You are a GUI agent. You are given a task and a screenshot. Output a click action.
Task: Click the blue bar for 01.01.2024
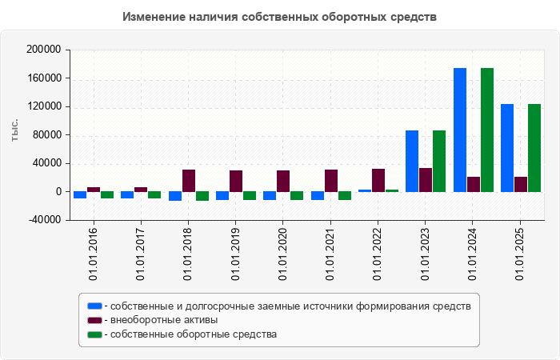(460, 130)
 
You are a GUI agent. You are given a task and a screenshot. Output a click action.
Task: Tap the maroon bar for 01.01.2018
(189, 181)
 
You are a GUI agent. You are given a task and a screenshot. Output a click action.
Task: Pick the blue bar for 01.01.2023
(412, 161)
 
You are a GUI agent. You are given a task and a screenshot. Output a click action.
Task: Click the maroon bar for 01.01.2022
(378, 180)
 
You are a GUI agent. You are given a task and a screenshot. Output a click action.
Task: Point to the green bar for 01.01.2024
(487, 130)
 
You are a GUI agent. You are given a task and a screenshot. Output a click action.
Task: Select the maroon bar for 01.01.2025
(521, 184)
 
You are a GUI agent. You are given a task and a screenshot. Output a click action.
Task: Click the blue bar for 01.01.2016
(80, 194)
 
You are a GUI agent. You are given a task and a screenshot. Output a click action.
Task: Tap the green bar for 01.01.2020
(297, 195)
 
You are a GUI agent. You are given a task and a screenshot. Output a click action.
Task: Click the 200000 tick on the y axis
(45, 50)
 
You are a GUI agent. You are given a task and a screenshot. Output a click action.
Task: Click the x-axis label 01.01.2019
(235, 253)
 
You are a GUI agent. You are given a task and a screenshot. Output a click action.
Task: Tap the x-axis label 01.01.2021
(330, 253)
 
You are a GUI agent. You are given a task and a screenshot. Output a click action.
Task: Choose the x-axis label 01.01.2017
(140, 253)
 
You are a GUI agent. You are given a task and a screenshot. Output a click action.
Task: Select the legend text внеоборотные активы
(165, 320)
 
